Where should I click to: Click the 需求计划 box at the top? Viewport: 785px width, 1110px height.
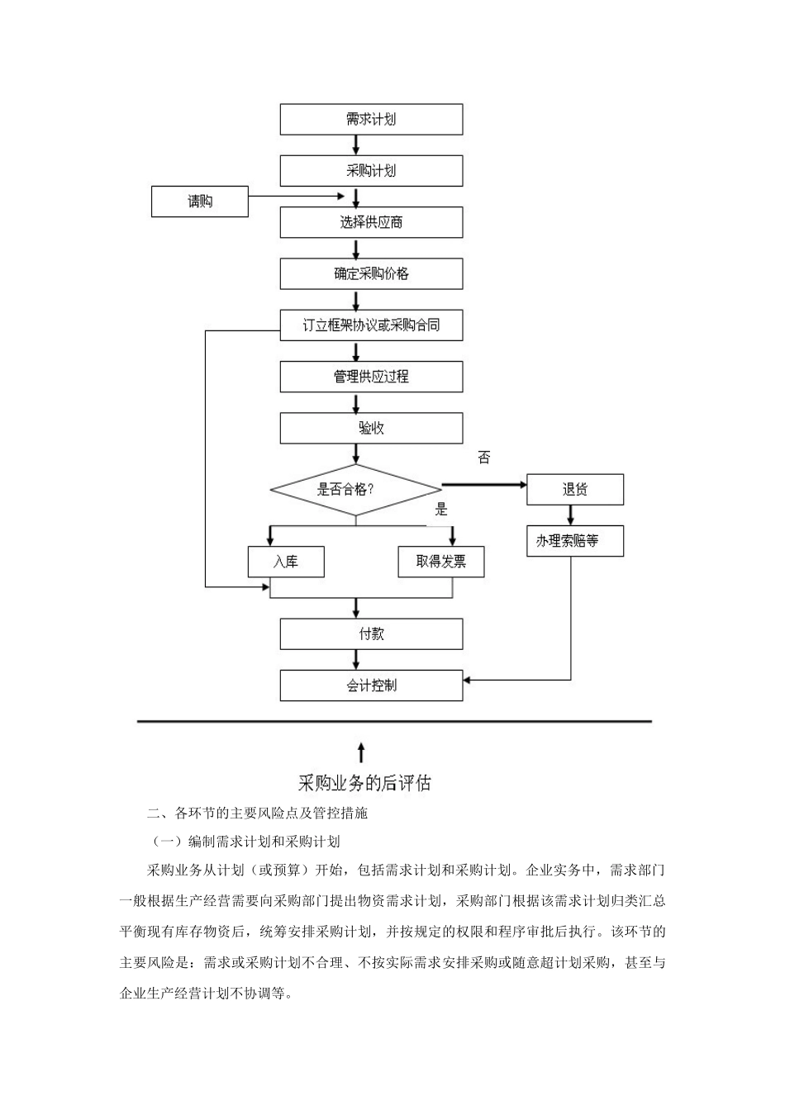pos(371,120)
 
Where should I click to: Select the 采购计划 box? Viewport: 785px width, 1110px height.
pos(371,171)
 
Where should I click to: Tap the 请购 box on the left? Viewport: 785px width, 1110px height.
pos(200,202)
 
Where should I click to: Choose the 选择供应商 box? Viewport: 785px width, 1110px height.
pos(371,222)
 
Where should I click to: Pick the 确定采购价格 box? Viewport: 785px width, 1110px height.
pos(371,274)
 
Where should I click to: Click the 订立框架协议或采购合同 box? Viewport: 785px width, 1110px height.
pos(371,325)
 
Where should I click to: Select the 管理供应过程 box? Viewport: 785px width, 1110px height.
pos(371,377)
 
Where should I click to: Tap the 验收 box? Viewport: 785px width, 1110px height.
pos(371,428)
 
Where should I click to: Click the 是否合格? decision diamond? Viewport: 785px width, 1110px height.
pos(355,490)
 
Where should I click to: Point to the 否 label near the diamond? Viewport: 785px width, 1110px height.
pos(484,458)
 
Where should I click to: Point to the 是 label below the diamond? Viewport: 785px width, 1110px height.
pos(441,510)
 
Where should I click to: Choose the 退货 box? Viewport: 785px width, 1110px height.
pos(575,490)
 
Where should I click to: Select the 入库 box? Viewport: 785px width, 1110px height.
pos(286,562)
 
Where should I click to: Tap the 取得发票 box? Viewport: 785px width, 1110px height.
pos(440,562)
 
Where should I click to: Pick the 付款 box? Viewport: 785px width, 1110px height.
pos(371,634)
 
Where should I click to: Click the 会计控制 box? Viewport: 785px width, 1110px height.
pos(371,685)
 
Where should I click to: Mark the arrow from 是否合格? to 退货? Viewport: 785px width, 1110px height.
pos(484,485)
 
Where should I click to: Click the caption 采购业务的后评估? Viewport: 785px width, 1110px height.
pos(364,783)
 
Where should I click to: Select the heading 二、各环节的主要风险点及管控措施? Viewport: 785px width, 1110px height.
pos(257,814)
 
